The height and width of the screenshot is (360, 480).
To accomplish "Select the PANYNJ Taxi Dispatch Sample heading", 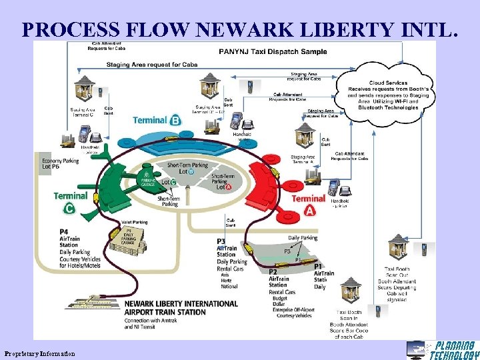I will coord(273,51).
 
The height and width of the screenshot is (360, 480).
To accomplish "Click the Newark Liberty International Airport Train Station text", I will coord(180,308).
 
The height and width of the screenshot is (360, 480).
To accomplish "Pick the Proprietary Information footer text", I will coord(39,353).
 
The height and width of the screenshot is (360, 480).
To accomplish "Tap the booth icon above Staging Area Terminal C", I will coord(84,88).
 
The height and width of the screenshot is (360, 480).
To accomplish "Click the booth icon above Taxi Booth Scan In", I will coord(350,291).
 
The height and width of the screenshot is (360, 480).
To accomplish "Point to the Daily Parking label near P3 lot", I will coord(303,238).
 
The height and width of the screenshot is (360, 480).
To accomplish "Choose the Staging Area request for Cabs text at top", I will coord(144,65).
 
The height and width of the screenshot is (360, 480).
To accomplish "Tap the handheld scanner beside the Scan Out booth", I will coord(422,251).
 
